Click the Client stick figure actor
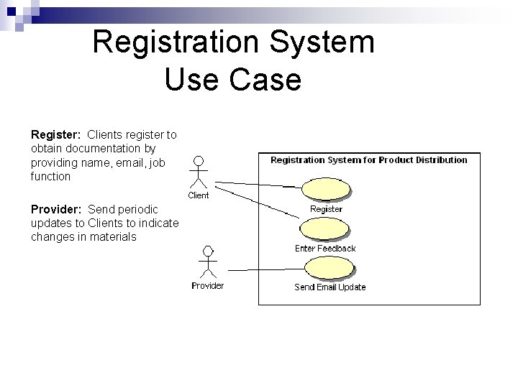click(199, 172)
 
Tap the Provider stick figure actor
click(208, 262)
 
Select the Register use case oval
click(327, 189)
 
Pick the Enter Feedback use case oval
click(326, 229)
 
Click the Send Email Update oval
click(330, 268)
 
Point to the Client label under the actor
click(199, 195)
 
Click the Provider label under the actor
click(207, 286)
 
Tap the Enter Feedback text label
click(325, 249)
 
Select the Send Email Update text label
click(330, 287)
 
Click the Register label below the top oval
click(326, 209)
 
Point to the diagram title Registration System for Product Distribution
click(368, 160)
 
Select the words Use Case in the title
click(232, 79)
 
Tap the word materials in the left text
click(113, 236)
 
